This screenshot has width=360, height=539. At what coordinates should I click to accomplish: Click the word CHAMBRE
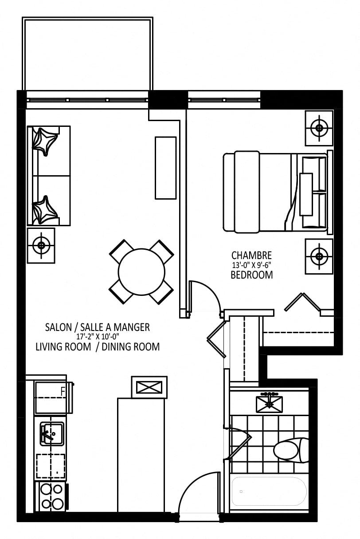pos(251,255)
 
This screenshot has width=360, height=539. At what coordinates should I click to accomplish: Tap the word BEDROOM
pos(252,275)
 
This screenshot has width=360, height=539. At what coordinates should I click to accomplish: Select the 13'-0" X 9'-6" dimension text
pos(251,265)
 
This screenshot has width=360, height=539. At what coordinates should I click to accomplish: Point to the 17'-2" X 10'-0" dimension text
pos(98,336)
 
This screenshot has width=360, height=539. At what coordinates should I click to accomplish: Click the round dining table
pos(141,271)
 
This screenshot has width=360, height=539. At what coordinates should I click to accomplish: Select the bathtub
pos(269,492)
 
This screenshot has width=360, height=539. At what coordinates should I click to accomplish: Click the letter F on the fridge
pos(63,392)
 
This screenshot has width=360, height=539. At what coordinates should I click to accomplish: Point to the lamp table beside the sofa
pos(41,245)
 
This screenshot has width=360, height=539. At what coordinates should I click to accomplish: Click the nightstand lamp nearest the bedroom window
pos(319,128)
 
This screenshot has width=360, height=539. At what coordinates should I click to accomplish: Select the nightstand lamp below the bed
pos(319,256)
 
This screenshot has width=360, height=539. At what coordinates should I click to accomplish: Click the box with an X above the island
pos(149,387)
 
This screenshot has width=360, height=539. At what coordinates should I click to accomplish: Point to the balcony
pos(87,54)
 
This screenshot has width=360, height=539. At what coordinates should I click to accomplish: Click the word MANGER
pos(132,327)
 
